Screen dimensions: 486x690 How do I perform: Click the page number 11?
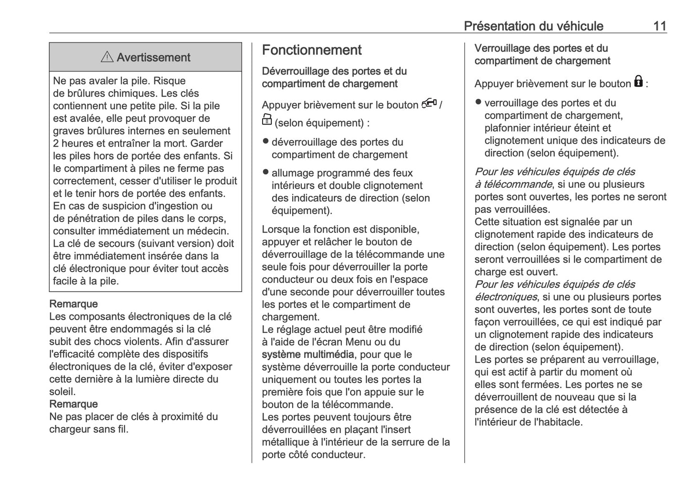click(659, 26)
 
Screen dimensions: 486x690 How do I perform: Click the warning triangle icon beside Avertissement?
click(107, 57)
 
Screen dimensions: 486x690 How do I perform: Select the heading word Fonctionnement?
click(312, 50)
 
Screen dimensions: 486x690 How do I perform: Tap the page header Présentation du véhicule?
click(533, 26)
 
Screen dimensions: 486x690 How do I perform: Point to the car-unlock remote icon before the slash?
click(429, 104)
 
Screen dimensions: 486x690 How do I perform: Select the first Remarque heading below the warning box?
click(74, 304)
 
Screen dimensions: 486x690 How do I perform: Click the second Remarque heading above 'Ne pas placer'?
click(74, 404)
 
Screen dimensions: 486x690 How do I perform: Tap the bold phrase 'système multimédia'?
click(308, 355)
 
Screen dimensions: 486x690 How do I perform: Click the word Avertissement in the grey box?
click(153, 58)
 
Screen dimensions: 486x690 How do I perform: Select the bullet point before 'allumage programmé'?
click(266, 172)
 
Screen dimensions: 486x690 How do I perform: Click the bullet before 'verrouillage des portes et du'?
click(478, 102)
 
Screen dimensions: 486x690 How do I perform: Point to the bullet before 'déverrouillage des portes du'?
click(266, 141)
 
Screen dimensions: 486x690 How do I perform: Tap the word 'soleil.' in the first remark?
click(63, 392)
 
